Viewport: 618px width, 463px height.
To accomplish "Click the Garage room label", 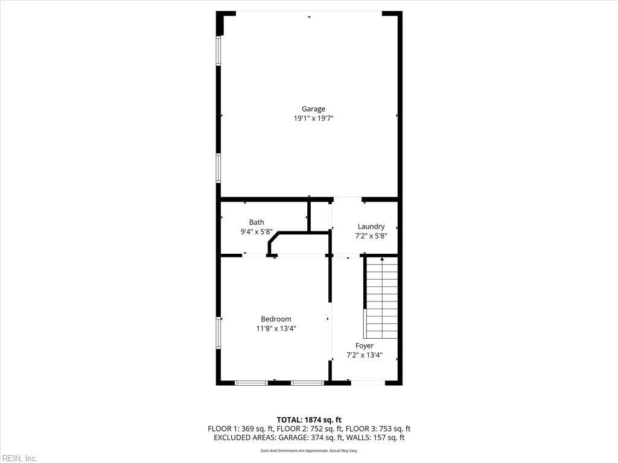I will pos(313,109).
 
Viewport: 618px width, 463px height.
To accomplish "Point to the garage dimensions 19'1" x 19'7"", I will pos(313,119).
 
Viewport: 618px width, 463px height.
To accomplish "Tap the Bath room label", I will pos(256,222).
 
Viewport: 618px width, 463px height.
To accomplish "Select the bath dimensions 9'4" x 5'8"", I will pos(256,231).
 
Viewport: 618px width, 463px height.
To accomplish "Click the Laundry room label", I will pos(371,227).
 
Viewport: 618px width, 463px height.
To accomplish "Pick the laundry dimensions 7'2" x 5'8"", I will pos(371,236).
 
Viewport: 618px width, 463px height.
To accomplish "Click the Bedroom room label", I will pos(276,319).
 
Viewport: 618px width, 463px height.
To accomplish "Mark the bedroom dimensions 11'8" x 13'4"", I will pos(276,329).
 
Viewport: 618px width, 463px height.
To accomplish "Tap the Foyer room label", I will pos(364,345).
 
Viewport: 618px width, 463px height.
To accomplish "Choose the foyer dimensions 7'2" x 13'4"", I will pos(364,355).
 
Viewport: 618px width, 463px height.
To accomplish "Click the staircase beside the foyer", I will pos(381,297).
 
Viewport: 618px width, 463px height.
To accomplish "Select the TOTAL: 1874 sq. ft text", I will pos(309,420).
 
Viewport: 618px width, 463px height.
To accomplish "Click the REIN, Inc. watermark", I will pos(19,458).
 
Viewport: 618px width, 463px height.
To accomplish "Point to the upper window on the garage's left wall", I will pos(218,51).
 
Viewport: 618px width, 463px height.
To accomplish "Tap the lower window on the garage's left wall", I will pos(218,167).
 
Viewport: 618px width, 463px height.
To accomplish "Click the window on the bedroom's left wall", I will pos(218,333).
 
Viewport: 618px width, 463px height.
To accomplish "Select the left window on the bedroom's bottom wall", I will pos(251,382).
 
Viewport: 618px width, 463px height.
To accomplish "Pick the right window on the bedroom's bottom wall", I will pos(307,382).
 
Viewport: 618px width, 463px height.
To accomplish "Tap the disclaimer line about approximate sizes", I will pos(309,450).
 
